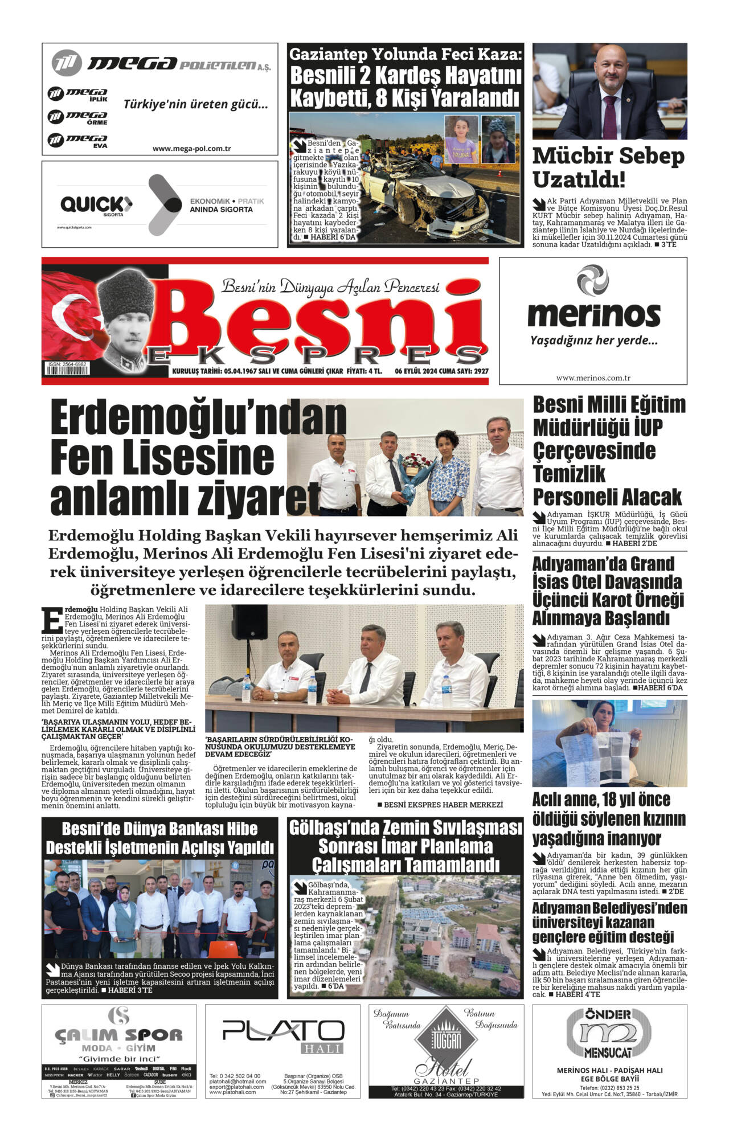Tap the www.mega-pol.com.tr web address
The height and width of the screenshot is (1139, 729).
tap(191, 149)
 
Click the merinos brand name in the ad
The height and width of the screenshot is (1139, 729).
tap(593, 313)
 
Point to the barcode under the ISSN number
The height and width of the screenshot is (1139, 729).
tap(67, 370)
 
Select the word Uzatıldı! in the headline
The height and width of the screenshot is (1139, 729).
tap(579, 180)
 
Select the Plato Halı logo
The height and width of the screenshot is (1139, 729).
tap(282, 1031)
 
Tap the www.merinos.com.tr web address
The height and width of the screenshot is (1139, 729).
tap(593, 378)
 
